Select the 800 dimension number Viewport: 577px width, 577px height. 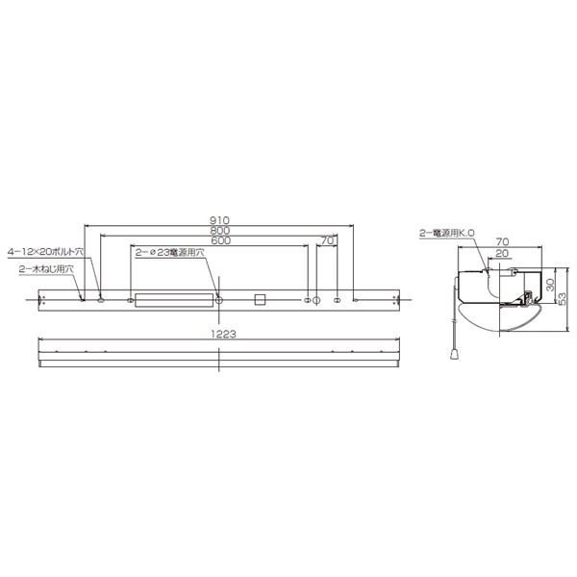coord(219,231)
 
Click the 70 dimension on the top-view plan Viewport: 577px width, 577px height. coord(327,239)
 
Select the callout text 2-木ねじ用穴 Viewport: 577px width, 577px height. coord(45,270)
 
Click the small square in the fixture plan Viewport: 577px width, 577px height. coord(258,300)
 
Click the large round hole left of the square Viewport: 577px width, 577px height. coord(219,301)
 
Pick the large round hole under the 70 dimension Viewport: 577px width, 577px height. coord(317,301)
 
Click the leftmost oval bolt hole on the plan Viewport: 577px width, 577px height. coord(100,301)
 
